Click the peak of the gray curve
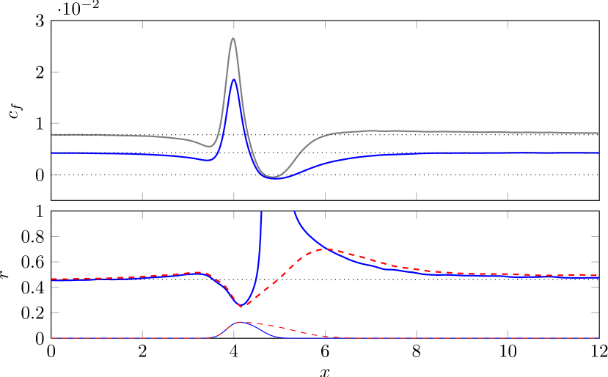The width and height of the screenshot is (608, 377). [x=233, y=38]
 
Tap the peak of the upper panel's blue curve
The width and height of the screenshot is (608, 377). [x=233, y=79]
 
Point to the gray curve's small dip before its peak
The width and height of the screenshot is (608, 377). [x=210, y=146]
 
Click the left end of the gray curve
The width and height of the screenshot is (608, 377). [x=52, y=135]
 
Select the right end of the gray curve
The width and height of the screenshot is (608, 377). [x=598, y=133]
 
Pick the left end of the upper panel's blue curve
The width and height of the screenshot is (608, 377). [x=52, y=153]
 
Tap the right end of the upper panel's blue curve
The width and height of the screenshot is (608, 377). [x=598, y=153]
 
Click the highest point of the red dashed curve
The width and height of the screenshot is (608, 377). [x=325, y=249]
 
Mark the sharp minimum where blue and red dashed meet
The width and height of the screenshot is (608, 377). [x=241, y=307]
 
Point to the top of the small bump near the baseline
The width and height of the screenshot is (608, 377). [x=239, y=322]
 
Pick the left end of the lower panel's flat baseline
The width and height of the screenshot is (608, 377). [x=52, y=338]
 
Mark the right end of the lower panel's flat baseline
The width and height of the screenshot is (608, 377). [x=598, y=338]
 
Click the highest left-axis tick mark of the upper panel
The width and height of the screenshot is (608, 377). [x=55, y=72]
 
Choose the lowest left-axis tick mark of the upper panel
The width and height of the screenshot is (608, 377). [x=55, y=175]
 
